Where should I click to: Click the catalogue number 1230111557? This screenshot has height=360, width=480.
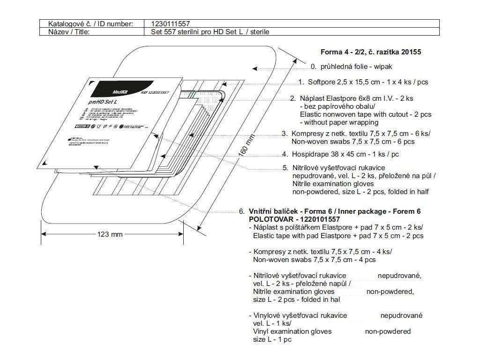(171, 23)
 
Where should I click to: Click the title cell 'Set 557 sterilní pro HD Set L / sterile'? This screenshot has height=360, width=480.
(210, 32)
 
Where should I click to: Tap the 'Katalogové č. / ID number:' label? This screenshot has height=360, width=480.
(90, 23)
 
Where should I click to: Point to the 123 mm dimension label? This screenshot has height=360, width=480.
(110, 234)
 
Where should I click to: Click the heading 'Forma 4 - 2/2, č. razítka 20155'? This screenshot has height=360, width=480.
(370, 52)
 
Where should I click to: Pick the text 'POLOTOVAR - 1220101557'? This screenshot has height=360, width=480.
(294, 219)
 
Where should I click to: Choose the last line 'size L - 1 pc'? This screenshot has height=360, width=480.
(272, 339)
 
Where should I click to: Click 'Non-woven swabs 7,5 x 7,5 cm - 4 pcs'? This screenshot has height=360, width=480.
(314, 260)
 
